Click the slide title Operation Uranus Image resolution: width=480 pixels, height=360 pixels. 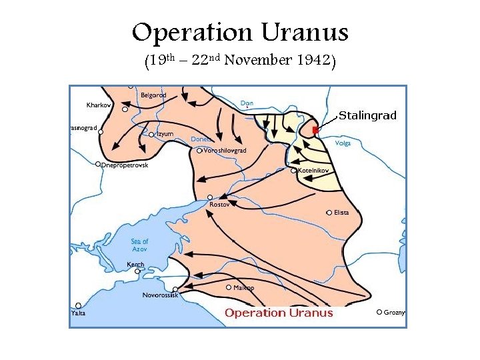(x=240, y=33)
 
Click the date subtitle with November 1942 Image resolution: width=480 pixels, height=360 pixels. (x=240, y=62)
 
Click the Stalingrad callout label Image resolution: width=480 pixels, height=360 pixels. (x=367, y=116)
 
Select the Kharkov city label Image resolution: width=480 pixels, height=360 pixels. (x=99, y=105)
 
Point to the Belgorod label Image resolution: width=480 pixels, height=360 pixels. (x=153, y=95)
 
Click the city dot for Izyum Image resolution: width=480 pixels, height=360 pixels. (x=152, y=135)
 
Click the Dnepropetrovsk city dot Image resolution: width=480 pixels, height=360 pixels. (x=98, y=164)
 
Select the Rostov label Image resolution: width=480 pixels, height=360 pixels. (x=219, y=205)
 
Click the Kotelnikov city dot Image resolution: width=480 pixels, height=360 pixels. (x=294, y=171)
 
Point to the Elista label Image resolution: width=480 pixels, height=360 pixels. (x=341, y=213)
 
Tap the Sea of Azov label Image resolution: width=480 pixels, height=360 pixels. (x=140, y=245)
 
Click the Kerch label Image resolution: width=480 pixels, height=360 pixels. (x=135, y=265)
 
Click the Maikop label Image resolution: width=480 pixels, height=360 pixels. (x=243, y=287)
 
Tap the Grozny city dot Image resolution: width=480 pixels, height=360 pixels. (x=379, y=312)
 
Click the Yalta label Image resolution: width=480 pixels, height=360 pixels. (x=79, y=313)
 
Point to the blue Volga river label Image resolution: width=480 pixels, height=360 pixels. (x=343, y=143)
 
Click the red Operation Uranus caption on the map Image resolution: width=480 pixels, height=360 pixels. (x=279, y=313)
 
